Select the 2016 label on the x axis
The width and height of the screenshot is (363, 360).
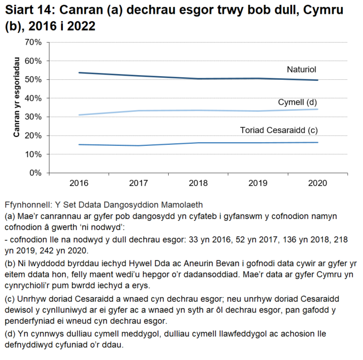tap(78, 183)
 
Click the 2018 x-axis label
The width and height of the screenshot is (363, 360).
tap(198, 183)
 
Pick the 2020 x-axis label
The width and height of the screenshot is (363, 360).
tap(318, 183)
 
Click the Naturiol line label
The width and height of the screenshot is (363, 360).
tap(302, 69)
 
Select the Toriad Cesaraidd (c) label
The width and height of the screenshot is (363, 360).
tap(279, 130)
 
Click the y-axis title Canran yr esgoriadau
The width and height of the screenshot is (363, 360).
tap(16, 107)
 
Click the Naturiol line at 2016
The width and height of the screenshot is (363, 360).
tap(78, 72)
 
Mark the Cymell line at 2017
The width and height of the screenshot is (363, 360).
tap(138, 111)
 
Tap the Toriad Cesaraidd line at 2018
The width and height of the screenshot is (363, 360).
tap(198, 143)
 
